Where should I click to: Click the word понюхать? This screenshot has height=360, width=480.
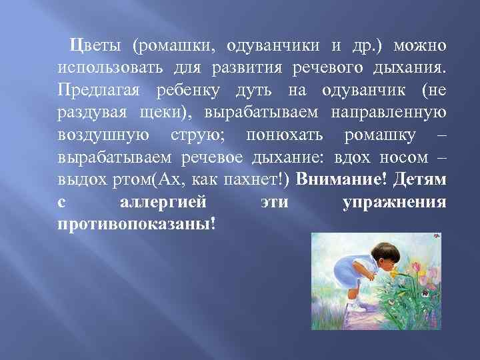pos(285,135)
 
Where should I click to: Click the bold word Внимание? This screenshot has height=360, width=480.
pos(340,180)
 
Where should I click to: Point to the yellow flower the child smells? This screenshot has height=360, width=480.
pos(399,273)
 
